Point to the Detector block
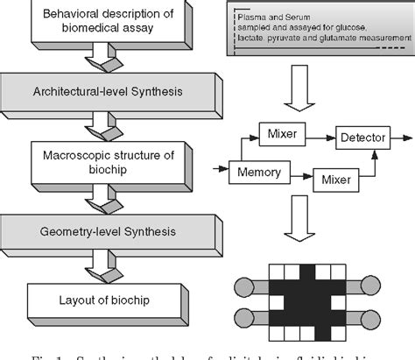click(x=362, y=138)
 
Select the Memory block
click(x=258, y=173)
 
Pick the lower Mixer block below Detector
click(x=335, y=180)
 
